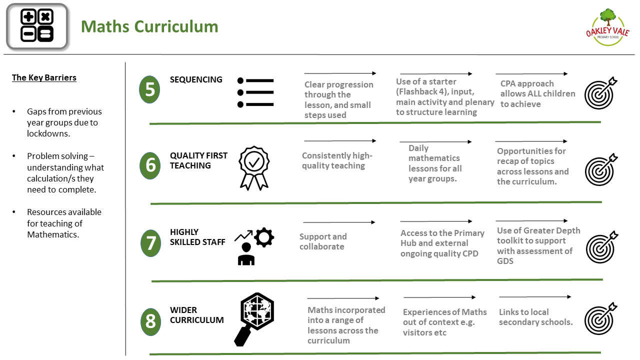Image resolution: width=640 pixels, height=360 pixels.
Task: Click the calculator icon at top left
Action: click(37, 26)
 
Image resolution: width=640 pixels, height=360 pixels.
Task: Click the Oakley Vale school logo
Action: click(607, 27)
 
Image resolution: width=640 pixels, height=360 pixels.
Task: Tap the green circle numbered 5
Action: click(149, 89)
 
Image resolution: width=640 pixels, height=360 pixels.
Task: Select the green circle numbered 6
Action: click(150, 165)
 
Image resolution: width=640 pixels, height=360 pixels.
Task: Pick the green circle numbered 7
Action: click(150, 243)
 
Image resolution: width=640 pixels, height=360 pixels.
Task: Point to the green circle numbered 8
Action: click(150, 321)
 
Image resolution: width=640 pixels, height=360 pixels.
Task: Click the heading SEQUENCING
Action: click(196, 79)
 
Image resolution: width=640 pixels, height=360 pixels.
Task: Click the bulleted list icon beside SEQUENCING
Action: click(255, 92)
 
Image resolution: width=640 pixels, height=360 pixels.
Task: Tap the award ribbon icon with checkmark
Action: click(254, 168)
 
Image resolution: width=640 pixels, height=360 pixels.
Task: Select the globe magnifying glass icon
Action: click(254, 319)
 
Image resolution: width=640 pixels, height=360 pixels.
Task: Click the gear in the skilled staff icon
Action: click(263, 237)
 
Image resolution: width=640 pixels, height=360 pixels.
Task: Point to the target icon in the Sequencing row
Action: click(600, 93)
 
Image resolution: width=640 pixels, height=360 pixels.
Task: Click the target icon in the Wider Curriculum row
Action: click(600, 318)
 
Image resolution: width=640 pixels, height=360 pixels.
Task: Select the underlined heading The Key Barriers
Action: click(44, 77)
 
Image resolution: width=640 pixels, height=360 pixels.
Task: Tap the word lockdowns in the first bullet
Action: click(48, 133)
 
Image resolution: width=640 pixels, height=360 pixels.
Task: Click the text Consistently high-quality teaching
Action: click(337, 160)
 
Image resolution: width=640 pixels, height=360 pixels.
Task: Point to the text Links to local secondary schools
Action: click(535, 317)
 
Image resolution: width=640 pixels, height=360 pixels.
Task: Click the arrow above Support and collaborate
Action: click(339, 222)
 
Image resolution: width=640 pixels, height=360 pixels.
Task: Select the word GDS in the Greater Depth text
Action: click(505, 261)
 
